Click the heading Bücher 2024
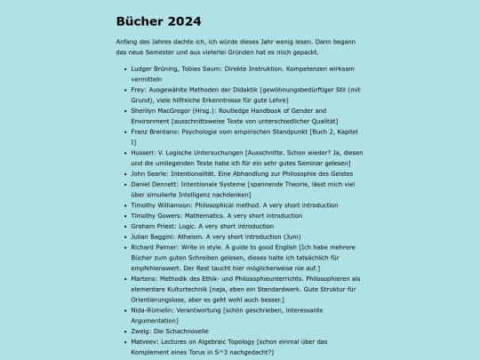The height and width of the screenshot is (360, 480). click(158, 21)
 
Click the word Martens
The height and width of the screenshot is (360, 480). click(145, 279)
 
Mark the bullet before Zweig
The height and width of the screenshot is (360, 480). click(123, 332)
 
